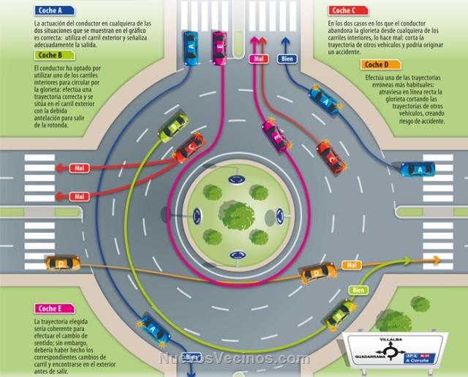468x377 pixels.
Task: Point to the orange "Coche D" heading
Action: tap(381, 64)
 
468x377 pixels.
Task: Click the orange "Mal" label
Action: tap(352, 264)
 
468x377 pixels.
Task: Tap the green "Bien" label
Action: tap(358, 291)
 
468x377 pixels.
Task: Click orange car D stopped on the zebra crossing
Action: tap(62, 262)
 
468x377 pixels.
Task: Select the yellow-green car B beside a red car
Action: tap(173, 126)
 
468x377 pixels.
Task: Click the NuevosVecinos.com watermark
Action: tap(234, 359)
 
